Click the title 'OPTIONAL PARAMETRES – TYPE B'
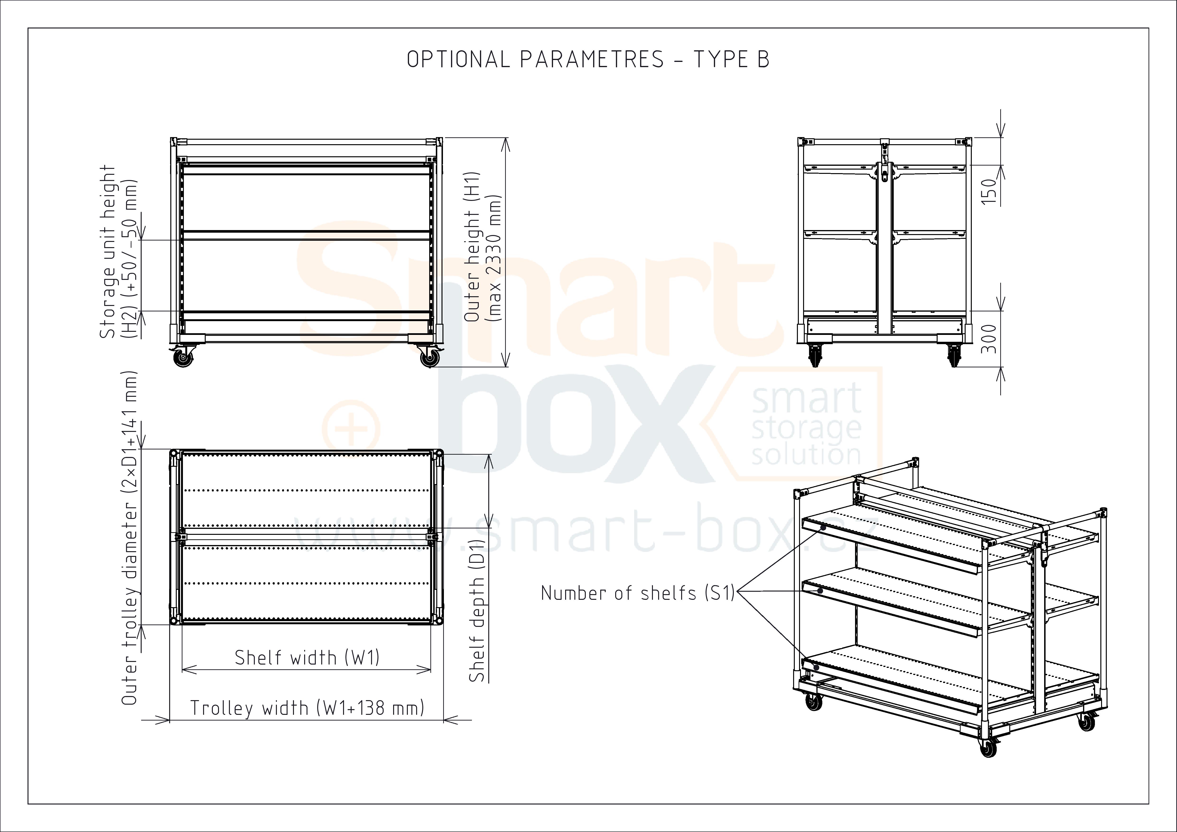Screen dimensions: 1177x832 click(x=588, y=60)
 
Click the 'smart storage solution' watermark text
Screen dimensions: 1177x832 click(x=806, y=427)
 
